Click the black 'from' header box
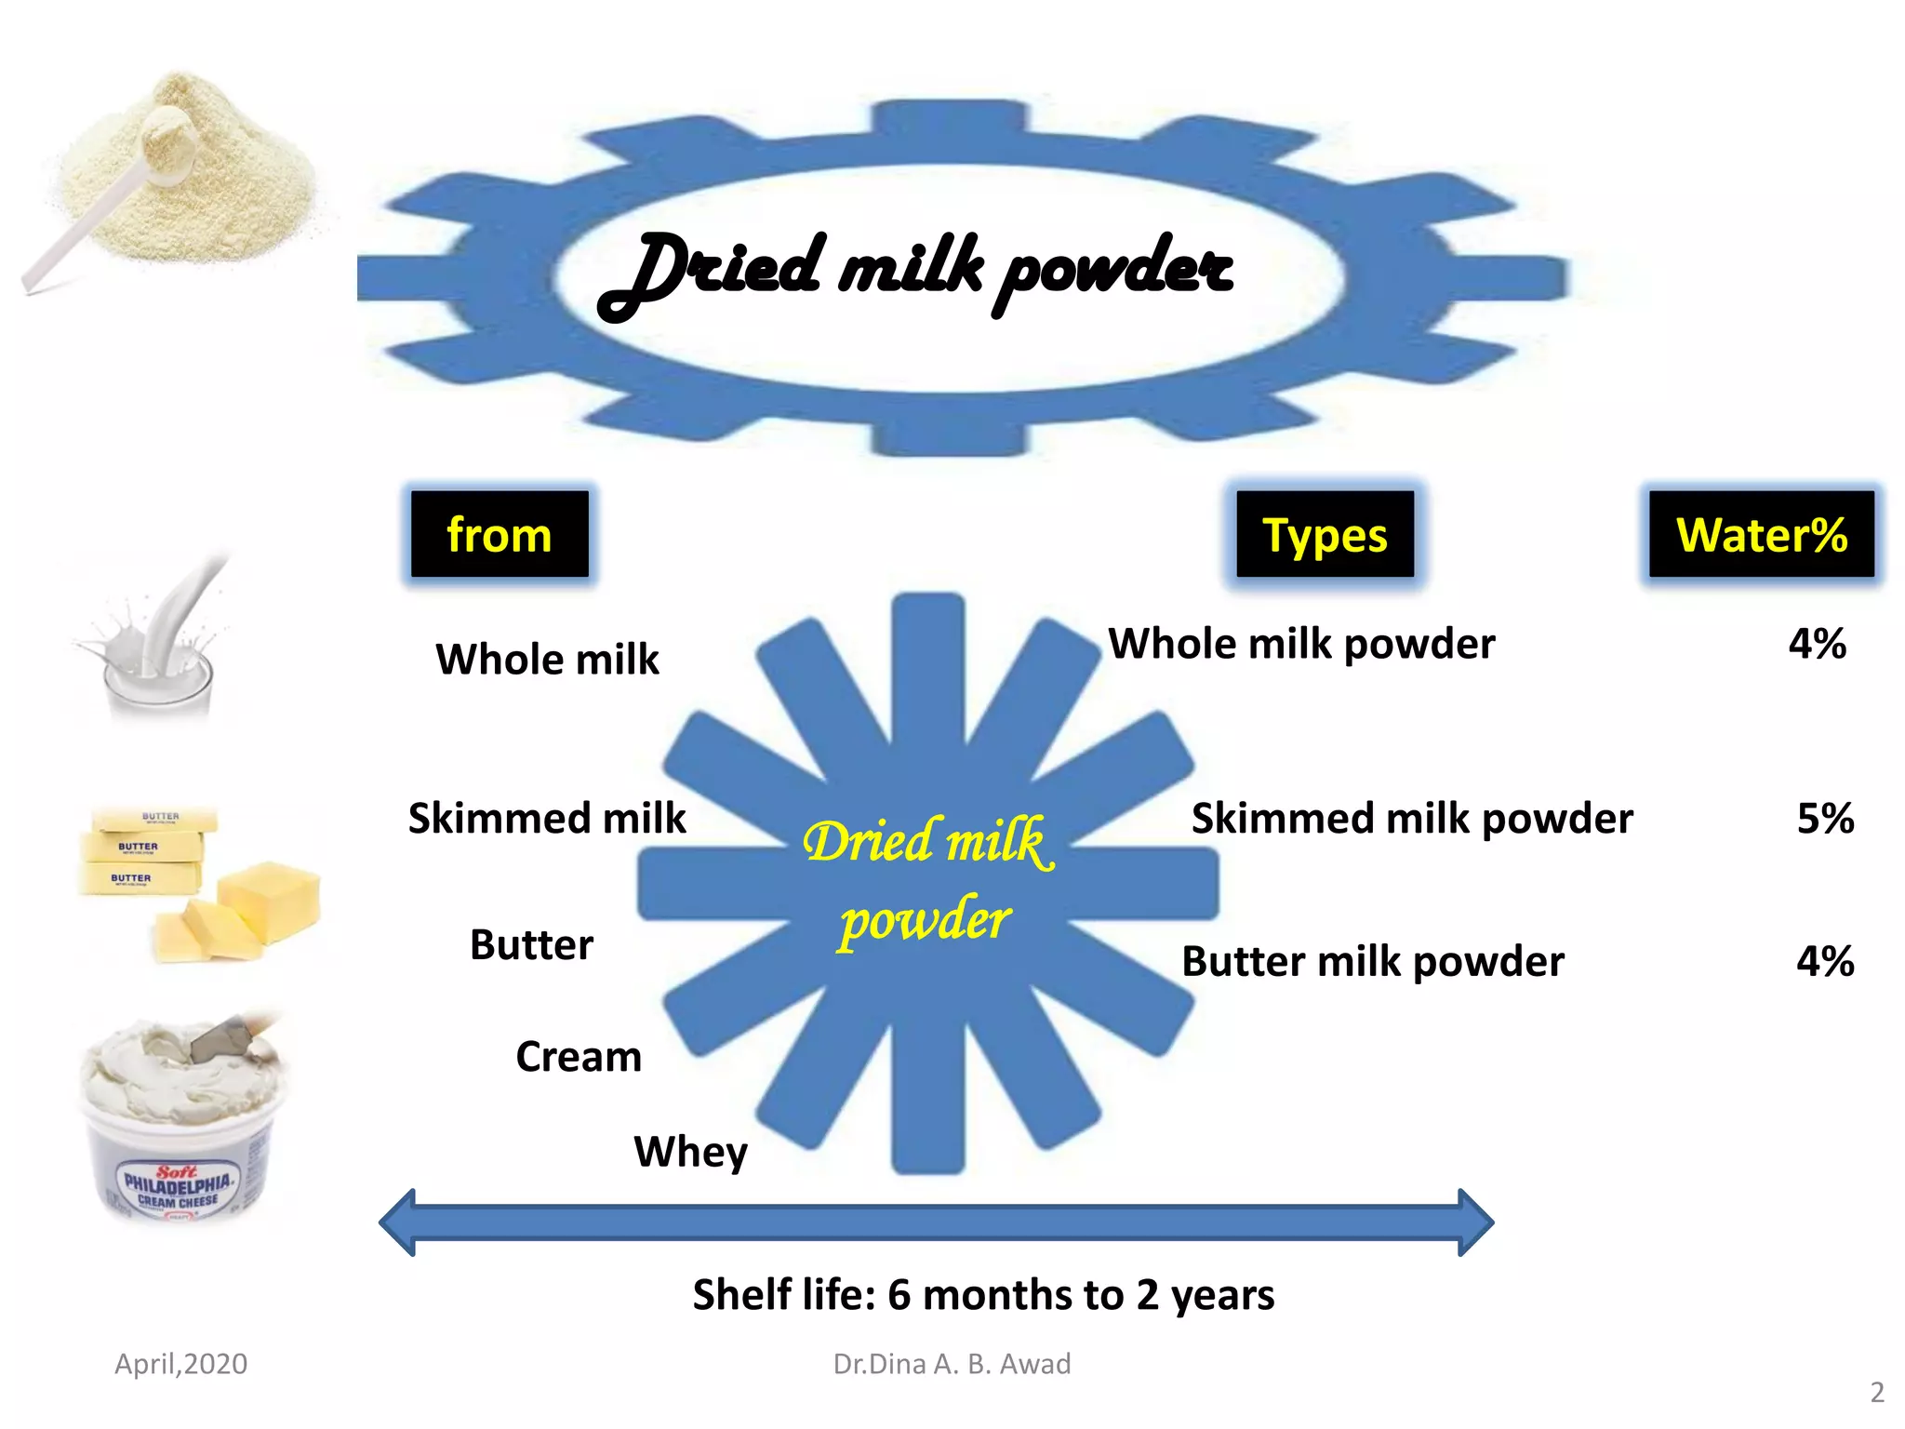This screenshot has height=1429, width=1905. (500, 535)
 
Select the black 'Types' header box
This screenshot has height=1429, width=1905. (1325, 535)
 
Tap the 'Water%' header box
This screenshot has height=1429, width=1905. (1761, 535)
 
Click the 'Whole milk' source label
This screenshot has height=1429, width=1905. (547, 660)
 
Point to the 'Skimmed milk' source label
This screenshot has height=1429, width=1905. (547, 819)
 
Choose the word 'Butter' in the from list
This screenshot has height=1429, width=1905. (531, 945)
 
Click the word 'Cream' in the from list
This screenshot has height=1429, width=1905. (579, 1057)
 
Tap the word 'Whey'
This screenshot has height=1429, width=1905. (690, 1152)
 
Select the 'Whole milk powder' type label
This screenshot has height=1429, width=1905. (1301, 644)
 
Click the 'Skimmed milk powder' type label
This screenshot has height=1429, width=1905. (1412, 819)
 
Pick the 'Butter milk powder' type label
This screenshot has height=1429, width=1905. (1373, 962)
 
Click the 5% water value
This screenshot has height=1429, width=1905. (1825, 819)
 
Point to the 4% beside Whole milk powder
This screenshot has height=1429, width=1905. (1817, 644)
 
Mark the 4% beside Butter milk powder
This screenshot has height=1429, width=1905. (1825, 962)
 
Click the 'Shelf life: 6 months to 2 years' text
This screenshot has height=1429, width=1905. (983, 1295)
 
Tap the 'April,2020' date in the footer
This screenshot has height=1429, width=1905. (180, 1364)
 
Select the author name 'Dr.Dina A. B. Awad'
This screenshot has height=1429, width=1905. (952, 1364)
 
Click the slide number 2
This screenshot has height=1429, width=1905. (1877, 1392)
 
